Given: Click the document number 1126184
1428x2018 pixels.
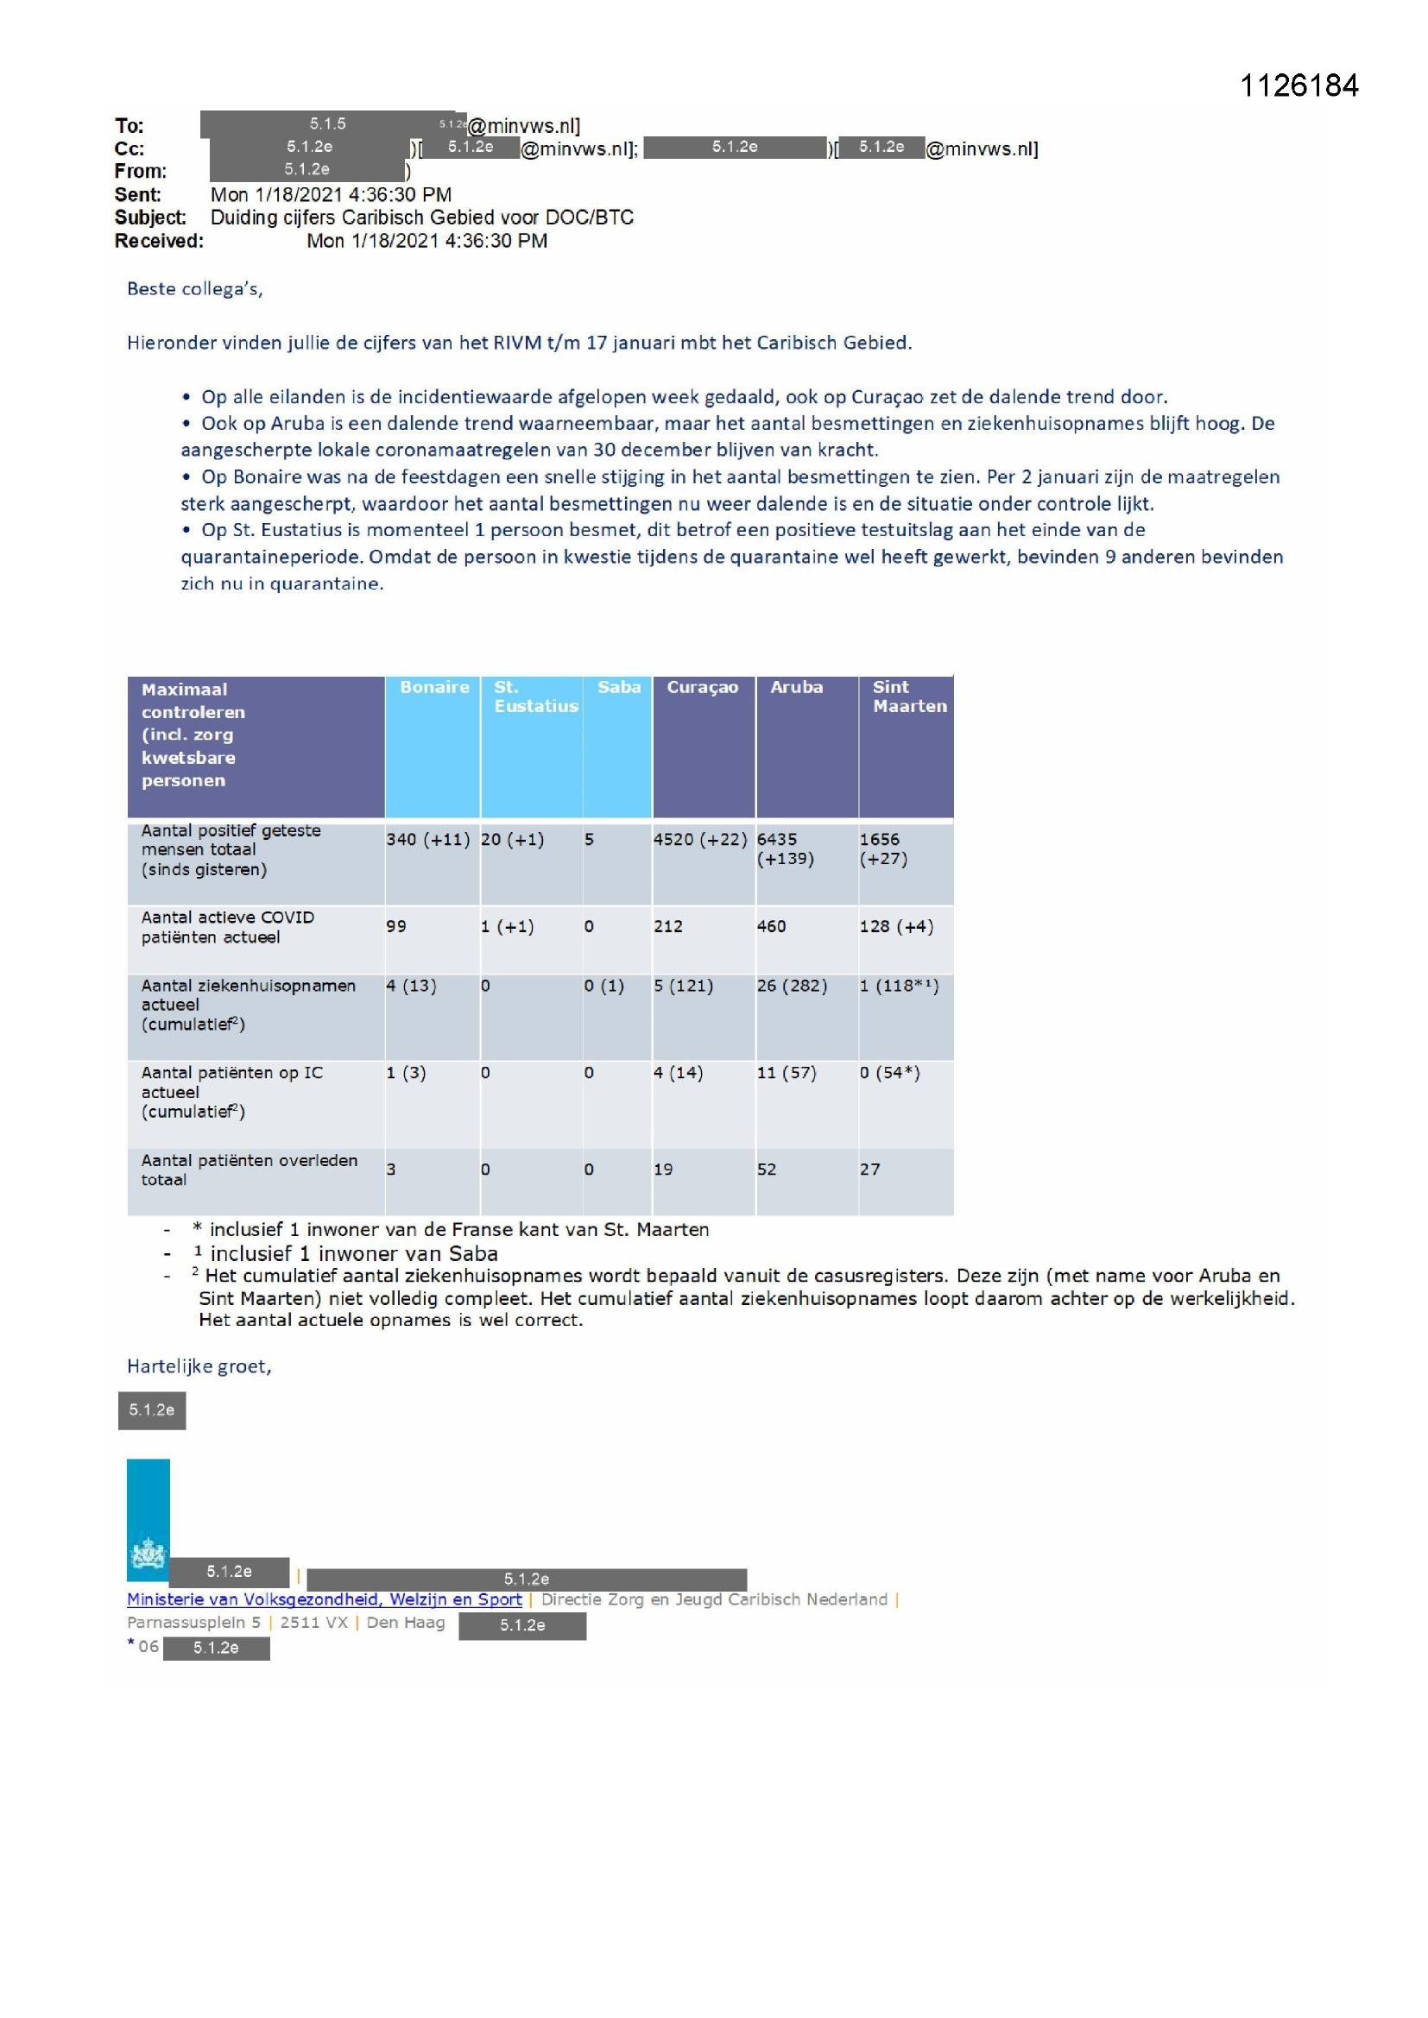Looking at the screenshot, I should pyautogui.click(x=1298, y=85).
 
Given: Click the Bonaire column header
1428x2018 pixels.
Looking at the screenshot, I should pyautogui.click(x=433, y=687).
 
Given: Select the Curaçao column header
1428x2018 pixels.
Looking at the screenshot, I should pyautogui.click(x=702, y=687).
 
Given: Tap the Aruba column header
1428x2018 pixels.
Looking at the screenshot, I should pyautogui.click(x=796, y=687).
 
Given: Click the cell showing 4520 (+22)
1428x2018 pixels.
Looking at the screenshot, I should pyautogui.click(x=700, y=839).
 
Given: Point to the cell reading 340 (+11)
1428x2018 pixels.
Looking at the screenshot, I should pyautogui.click(x=427, y=839).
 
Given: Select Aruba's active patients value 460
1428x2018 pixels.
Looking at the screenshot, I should pyautogui.click(x=771, y=926).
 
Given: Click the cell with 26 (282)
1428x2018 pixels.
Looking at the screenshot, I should pyautogui.click(x=792, y=986).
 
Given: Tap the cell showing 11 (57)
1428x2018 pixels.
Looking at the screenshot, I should pyautogui.click(x=787, y=1072).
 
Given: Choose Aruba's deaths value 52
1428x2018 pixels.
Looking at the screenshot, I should pyautogui.click(x=767, y=1169).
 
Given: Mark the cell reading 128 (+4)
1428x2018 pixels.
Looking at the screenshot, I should pyautogui.click(x=896, y=926).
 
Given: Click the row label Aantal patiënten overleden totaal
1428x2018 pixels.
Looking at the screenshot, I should pyautogui.click(x=249, y=1170).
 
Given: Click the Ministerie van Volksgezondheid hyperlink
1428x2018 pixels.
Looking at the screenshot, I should pyautogui.click(x=324, y=1599).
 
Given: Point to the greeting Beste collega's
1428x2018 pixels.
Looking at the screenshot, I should pyautogui.click(x=194, y=289).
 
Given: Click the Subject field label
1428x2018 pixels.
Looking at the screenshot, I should pyautogui.click(x=149, y=218).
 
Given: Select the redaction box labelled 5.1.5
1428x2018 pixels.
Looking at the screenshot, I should pyautogui.click(x=327, y=124).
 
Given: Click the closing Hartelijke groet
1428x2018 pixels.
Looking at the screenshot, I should pyautogui.click(x=199, y=1365).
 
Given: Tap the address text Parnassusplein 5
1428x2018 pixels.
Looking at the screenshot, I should pyautogui.click(x=193, y=1623).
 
